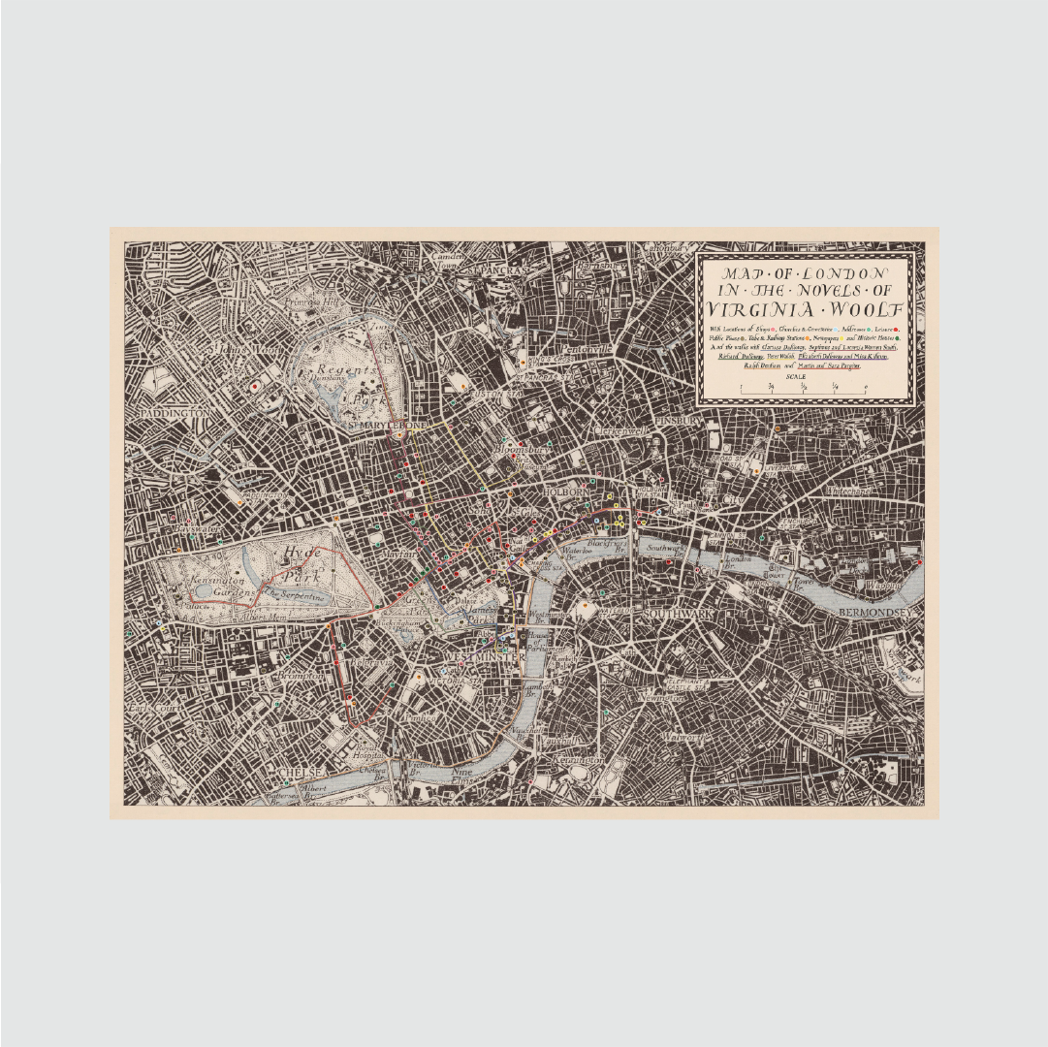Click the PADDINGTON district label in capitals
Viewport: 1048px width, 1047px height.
click(x=175, y=413)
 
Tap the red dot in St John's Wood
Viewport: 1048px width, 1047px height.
click(x=255, y=386)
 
